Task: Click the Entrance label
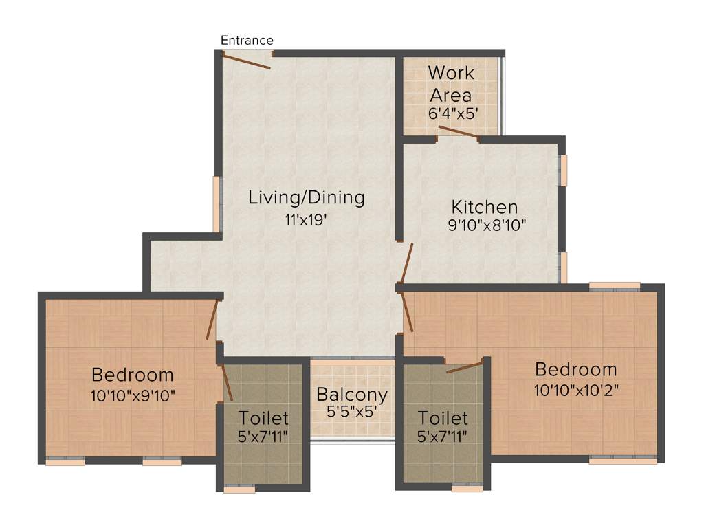pyautogui.click(x=247, y=41)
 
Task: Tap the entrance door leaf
pyautogui.click(x=246, y=60)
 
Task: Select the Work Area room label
pyautogui.click(x=451, y=83)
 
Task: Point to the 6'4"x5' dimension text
pyautogui.click(x=451, y=113)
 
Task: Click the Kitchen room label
pyautogui.click(x=484, y=207)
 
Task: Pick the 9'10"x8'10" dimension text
pyautogui.click(x=487, y=225)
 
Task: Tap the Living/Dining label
pyautogui.click(x=307, y=198)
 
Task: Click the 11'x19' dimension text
pyautogui.click(x=307, y=221)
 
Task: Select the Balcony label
pyautogui.click(x=352, y=395)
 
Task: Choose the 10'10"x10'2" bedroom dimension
pyautogui.click(x=577, y=390)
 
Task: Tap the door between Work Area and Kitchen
pyautogui.click(x=458, y=133)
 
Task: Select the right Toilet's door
pyautogui.click(x=465, y=366)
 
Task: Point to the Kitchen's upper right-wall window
pyautogui.click(x=564, y=170)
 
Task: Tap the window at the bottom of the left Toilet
pyautogui.click(x=239, y=489)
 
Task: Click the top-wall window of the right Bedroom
pyautogui.click(x=615, y=285)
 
